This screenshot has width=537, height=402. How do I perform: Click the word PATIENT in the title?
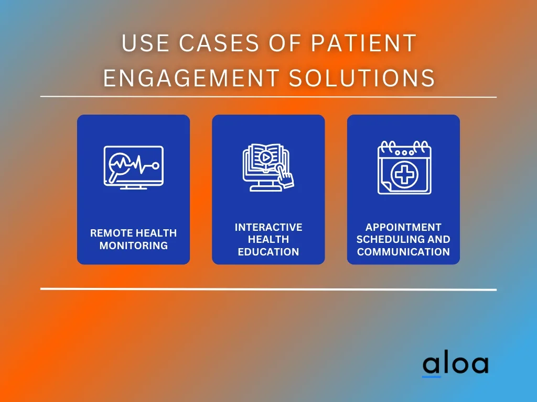[363, 43]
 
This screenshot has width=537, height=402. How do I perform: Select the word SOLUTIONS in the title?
[362, 77]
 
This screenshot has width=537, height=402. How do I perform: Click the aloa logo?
[456, 364]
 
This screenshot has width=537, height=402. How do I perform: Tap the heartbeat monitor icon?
[134, 167]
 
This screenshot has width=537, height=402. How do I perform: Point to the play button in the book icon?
[265, 158]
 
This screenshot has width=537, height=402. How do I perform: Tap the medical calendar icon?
[404, 167]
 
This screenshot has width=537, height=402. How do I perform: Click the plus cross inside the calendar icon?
[404, 175]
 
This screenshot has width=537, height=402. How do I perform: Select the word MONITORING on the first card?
[134, 245]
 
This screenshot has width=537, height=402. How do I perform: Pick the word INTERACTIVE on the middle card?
[268, 227]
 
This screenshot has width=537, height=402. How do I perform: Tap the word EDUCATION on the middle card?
[268, 252]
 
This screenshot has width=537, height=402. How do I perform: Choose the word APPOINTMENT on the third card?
[403, 227]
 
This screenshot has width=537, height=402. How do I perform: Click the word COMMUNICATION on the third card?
[403, 252]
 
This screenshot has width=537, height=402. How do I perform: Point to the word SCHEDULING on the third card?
[390, 239]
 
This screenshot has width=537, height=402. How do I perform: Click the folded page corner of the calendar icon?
[386, 188]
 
